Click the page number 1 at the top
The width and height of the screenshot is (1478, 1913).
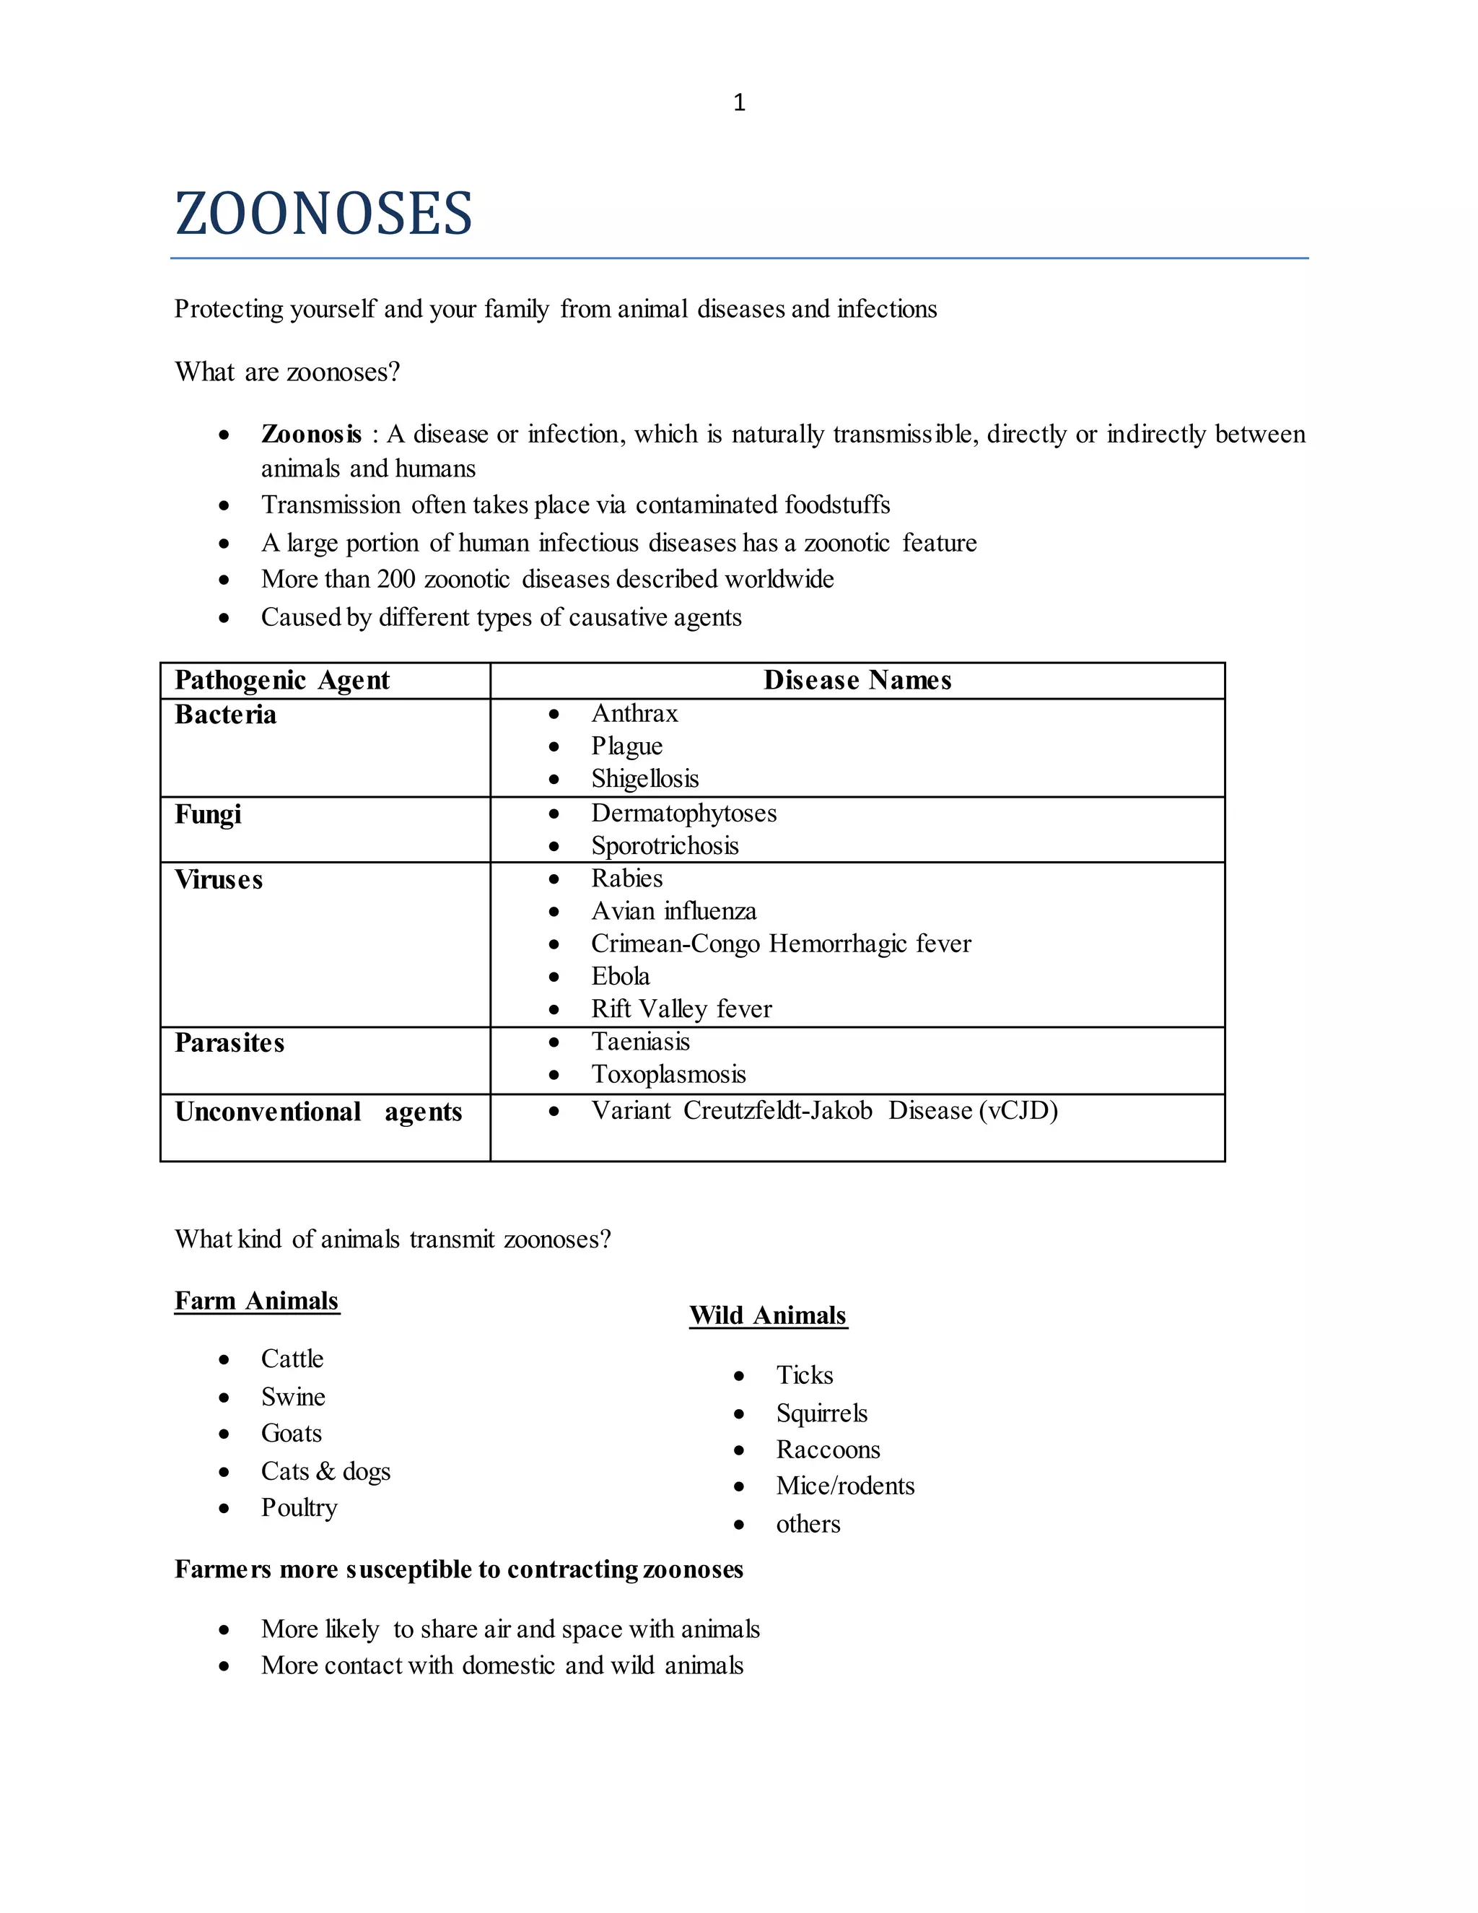pos(739,103)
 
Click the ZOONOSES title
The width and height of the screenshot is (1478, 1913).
pos(323,214)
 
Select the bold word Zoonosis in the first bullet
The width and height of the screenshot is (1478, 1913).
pos(311,435)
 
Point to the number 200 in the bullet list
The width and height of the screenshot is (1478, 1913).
pos(395,579)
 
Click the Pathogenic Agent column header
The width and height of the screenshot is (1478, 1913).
pos(282,680)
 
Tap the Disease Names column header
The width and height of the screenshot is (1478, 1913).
pos(857,680)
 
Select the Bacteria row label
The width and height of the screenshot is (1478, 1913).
pos(225,715)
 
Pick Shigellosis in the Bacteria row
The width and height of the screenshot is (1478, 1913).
pos(644,779)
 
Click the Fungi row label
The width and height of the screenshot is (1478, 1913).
pos(208,814)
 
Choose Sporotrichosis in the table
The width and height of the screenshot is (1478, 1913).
pos(665,846)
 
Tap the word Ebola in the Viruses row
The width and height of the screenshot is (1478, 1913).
pos(620,977)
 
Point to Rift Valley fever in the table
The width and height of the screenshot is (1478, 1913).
pos(681,1009)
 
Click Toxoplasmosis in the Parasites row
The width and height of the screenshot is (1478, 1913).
pos(668,1075)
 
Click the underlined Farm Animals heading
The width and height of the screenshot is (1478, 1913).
pos(256,1301)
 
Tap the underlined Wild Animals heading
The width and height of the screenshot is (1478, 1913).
pos(768,1315)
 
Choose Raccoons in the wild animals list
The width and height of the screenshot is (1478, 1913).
pos(828,1450)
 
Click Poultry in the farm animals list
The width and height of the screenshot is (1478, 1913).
pos(299,1507)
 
